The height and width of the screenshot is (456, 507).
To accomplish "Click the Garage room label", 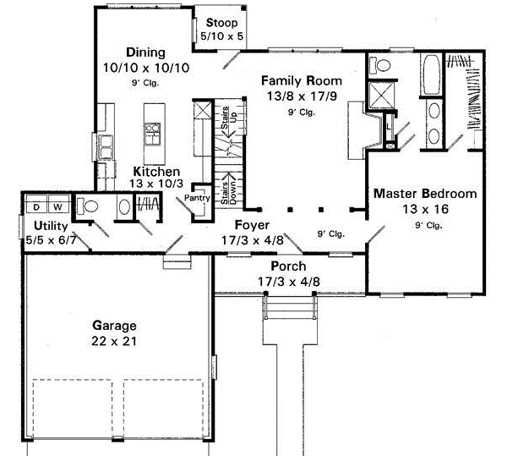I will point(115,326).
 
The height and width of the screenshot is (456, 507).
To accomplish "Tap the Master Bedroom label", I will point(425,194).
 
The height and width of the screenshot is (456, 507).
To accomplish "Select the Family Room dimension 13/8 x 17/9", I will point(289,97).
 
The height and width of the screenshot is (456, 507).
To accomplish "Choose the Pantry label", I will point(199,199).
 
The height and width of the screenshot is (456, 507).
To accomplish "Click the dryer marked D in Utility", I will point(38,206).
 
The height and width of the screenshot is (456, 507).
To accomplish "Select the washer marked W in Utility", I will point(59,206).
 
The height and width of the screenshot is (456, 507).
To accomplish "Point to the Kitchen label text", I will point(155,171).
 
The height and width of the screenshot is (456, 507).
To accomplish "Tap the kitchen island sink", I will point(152,133).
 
